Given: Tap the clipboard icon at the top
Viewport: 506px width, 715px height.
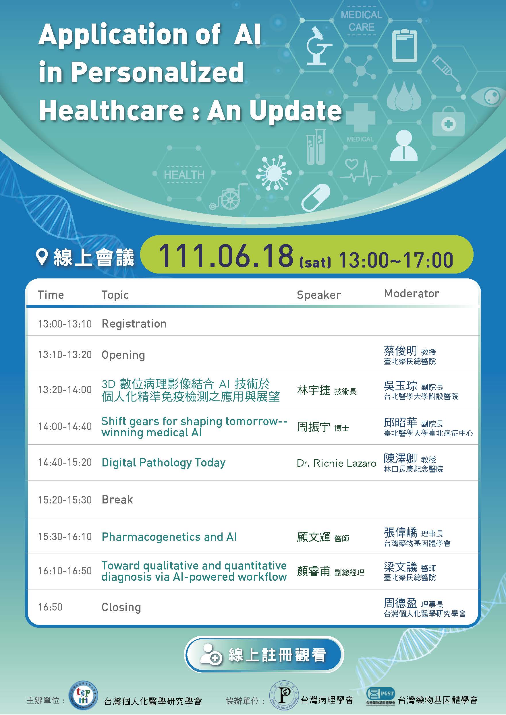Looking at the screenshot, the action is [404, 45].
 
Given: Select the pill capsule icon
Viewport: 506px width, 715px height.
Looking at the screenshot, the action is [316, 197].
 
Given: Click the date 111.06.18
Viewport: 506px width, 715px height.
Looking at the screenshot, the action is [226, 256].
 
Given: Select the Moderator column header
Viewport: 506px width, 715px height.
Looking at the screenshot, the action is [411, 293].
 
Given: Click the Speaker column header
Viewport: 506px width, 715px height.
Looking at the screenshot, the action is [319, 295].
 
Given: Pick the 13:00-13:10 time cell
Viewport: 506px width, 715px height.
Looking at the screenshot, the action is [65, 324].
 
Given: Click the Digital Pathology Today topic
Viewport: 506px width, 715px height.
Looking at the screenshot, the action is [164, 463].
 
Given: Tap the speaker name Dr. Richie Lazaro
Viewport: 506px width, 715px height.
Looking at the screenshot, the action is [337, 463].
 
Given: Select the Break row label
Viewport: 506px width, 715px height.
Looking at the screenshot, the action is [117, 500].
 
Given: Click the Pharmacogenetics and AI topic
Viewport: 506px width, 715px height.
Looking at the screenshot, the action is [169, 537].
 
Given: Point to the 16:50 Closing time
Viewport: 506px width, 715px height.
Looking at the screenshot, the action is [50, 607].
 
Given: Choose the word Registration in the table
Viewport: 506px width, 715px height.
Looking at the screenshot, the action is [134, 324].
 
